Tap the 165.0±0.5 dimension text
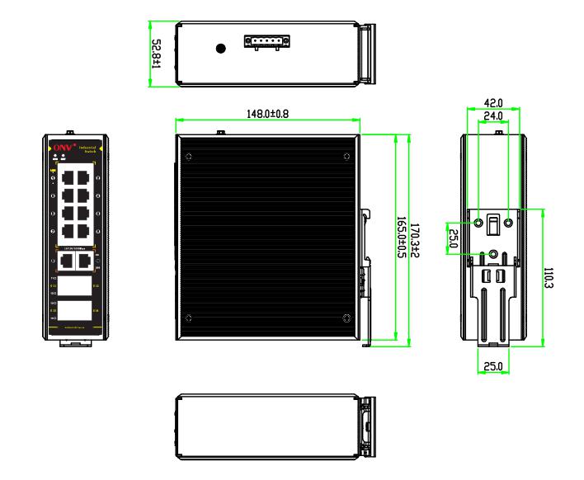point(401,239)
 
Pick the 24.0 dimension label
point(495,117)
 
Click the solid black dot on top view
point(220,49)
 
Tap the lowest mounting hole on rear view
point(494,255)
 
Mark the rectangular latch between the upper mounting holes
point(494,224)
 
